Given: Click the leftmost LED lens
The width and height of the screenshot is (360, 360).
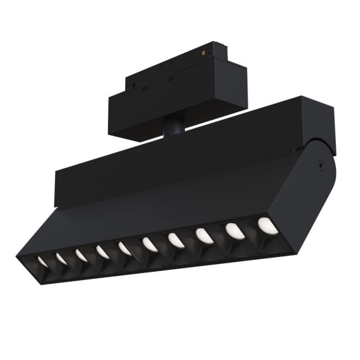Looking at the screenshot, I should coord(42,260).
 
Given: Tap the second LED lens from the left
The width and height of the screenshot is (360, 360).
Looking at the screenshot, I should coord(61,258).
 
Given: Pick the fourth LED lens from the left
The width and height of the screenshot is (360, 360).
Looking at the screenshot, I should coord(102,251).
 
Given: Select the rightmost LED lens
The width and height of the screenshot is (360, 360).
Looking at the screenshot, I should coord(266,224).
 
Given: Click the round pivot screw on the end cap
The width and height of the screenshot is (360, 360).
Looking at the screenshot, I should coord(320,164).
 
